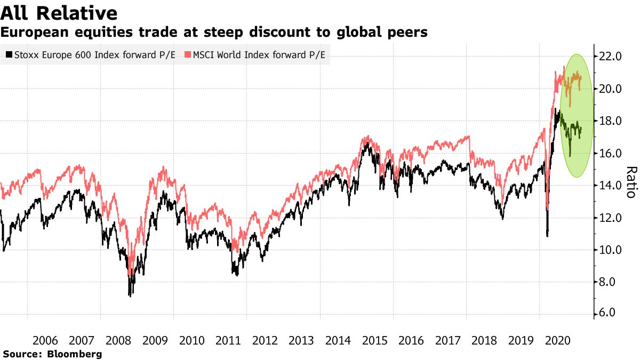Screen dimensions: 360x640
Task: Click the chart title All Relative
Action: pyautogui.click(x=59, y=13)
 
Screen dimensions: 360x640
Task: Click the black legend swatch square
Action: pyautogui.click(x=8, y=54)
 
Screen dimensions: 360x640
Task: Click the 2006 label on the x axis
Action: pyautogui.click(x=45, y=340)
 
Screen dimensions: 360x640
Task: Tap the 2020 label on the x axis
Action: pyautogui.click(x=556, y=340)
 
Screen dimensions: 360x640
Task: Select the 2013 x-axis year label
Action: pyautogui.click(x=301, y=340)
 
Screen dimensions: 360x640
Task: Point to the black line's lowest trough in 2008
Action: pyautogui.click(x=130, y=295)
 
